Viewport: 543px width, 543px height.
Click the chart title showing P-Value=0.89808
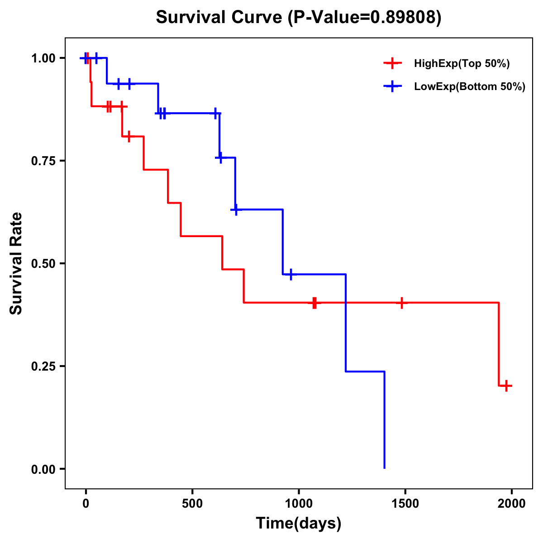(x=298, y=17)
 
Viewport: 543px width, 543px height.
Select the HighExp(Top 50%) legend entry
(x=462, y=63)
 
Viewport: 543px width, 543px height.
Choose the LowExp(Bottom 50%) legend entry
(x=469, y=86)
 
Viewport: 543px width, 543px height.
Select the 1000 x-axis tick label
(x=299, y=504)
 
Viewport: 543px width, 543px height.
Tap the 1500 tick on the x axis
(x=405, y=504)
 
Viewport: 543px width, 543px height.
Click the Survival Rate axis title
(x=16, y=263)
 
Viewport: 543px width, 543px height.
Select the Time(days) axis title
(x=299, y=524)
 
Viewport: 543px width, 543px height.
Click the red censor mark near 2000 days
(x=507, y=386)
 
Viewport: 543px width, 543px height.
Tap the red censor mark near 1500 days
(x=401, y=302)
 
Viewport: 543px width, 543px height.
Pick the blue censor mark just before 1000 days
(x=291, y=274)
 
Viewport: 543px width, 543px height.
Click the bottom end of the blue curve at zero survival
(x=384, y=467)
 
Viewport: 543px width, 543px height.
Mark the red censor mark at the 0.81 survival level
(x=129, y=136)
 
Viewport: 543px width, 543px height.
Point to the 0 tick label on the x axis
(x=86, y=504)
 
